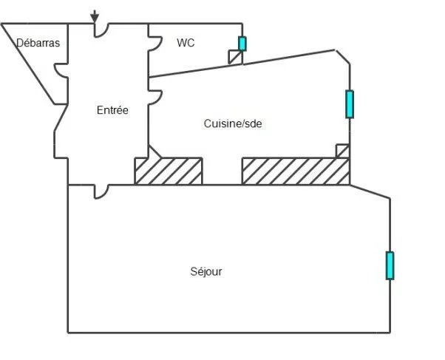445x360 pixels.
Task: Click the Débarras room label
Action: pos(38,43)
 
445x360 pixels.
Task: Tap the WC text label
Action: pos(186,43)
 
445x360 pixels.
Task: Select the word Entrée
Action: pos(112,110)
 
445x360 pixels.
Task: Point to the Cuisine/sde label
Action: pos(233,123)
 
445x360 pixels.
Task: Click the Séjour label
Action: pos(206,271)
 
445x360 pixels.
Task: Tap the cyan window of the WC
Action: pos(242,44)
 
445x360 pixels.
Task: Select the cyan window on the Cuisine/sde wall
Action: pos(350,104)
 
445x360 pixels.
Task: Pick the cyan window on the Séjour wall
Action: pos(390,265)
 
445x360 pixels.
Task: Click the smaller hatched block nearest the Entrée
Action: pos(168,171)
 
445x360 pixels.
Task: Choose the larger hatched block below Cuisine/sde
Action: pos(295,171)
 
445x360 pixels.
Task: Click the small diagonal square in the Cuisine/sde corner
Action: pos(342,151)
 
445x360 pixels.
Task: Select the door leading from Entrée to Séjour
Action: pos(102,190)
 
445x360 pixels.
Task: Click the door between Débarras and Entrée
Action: pos(62,71)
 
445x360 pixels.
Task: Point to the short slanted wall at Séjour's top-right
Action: pos(370,191)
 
